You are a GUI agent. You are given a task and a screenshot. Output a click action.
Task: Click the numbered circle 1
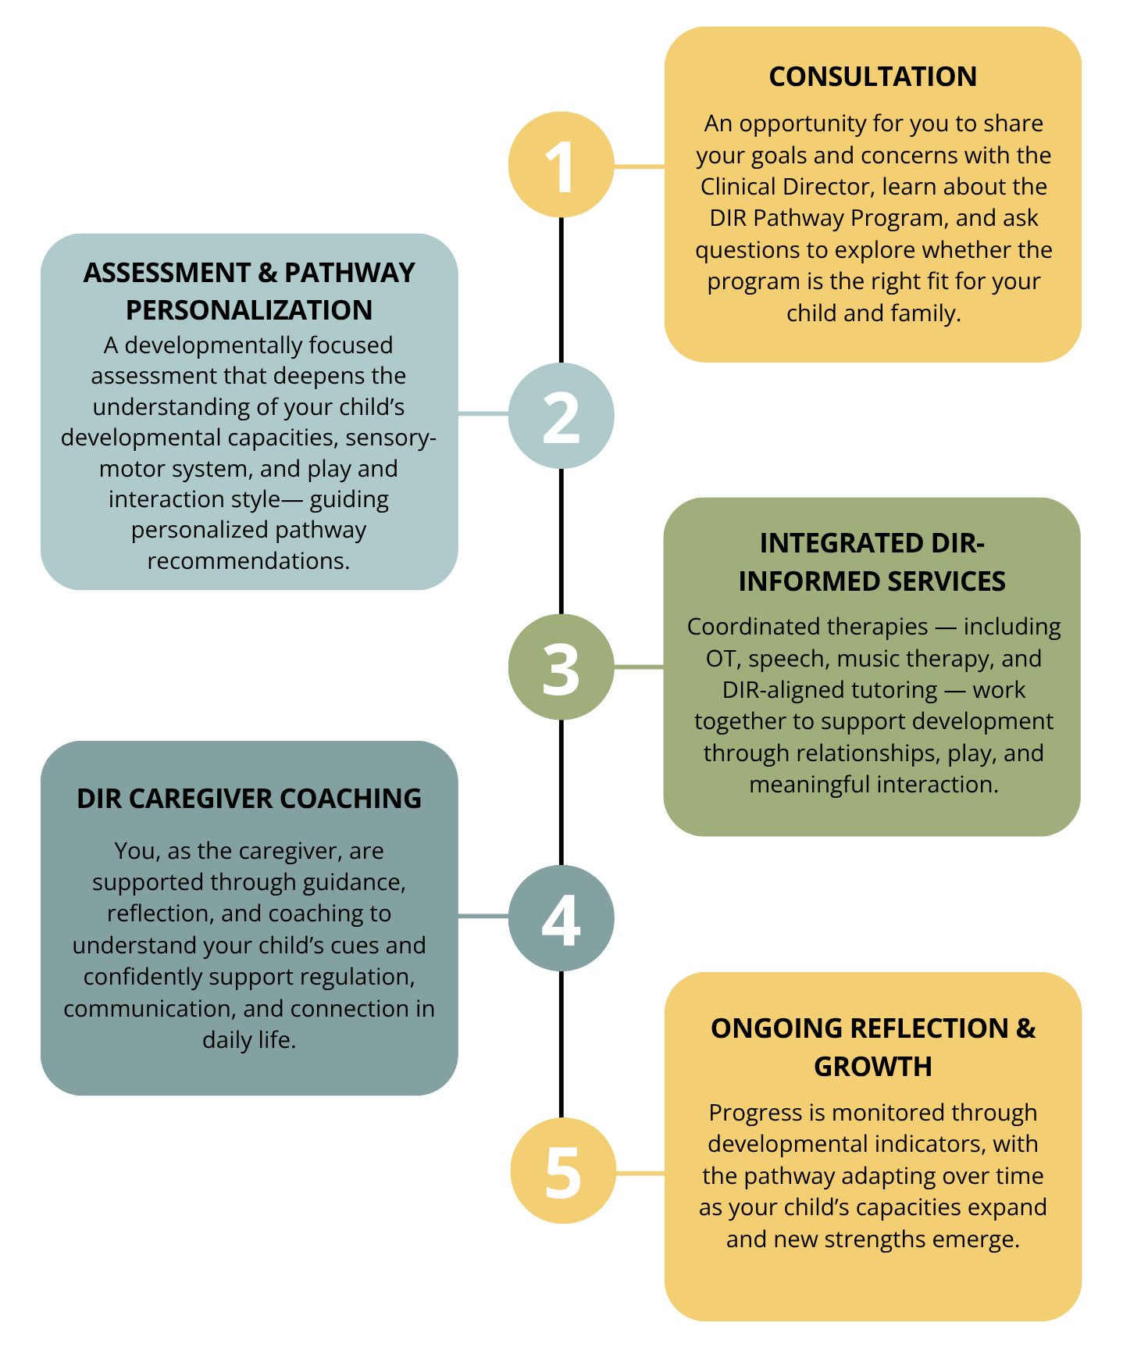tap(561, 165)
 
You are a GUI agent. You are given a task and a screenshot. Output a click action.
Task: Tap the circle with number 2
tap(561, 416)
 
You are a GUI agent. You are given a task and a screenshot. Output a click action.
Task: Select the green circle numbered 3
tap(561, 667)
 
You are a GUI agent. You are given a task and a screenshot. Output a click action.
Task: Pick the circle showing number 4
tap(561, 917)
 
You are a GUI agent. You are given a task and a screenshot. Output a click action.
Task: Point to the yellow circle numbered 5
tap(562, 1171)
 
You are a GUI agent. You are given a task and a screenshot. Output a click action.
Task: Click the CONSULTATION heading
tap(872, 77)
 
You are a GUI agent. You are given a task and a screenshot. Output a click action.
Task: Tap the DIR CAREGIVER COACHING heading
tap(248, 799)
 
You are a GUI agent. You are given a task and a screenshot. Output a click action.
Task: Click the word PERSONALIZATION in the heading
tap(248, 310)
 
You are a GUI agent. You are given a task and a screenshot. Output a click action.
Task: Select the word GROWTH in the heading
tap(872, 1067)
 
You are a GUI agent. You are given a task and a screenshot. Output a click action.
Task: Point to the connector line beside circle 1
tap(639, 166)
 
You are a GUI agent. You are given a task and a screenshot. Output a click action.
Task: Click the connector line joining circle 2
tap(483, 413)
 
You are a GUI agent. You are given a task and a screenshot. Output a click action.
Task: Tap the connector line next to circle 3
tap(639, 667)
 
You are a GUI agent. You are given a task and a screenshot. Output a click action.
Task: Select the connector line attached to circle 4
tap(483, 916)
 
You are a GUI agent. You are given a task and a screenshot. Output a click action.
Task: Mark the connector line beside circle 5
tap(640, 1173)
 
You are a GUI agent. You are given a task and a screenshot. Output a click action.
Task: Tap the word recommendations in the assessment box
tap(248, 561)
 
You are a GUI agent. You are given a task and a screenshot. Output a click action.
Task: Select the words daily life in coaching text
tap(248, 1040)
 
